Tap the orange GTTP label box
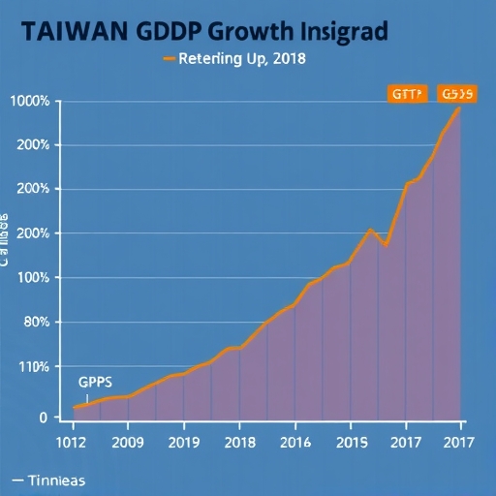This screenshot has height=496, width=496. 406,94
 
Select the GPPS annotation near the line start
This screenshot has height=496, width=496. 96,382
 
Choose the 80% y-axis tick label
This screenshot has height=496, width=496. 34,322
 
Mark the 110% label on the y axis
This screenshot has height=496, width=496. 32,366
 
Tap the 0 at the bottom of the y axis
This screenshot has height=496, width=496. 42,418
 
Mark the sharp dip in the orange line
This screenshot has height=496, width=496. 386,245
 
